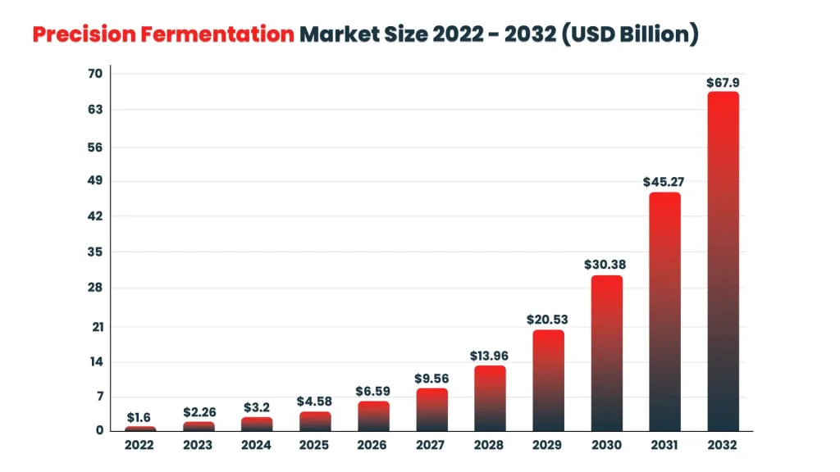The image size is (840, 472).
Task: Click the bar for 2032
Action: (723, 262)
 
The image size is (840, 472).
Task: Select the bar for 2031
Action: (664, 312)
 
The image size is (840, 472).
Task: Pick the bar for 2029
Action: (548, 381)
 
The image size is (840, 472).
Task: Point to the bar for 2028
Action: (490, 398)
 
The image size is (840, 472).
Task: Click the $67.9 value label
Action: (723, 83)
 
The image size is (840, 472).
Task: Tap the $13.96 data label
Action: (490, 356)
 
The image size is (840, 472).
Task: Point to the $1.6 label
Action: (139, 418)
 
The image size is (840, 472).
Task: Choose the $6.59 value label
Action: (373, 392)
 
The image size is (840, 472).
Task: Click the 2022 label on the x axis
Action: (139, 445)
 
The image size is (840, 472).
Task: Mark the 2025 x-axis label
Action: (314, 445)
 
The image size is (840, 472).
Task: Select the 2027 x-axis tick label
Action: (431, 445)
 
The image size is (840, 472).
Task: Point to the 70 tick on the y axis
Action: (95, 74)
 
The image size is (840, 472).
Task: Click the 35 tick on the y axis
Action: (95, 252)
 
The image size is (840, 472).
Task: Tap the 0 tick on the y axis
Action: (99, 430)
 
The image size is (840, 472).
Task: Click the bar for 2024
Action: (256, 424)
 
